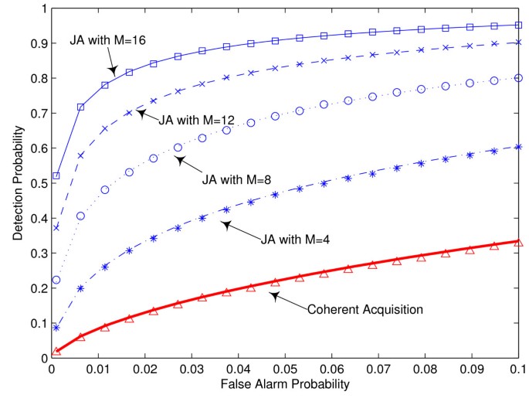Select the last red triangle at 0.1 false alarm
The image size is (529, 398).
click(x=519, y=242)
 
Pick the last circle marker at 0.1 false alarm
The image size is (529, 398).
click(x=519, y=78)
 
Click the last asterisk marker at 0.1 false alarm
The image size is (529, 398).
click(x=519, y=147)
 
